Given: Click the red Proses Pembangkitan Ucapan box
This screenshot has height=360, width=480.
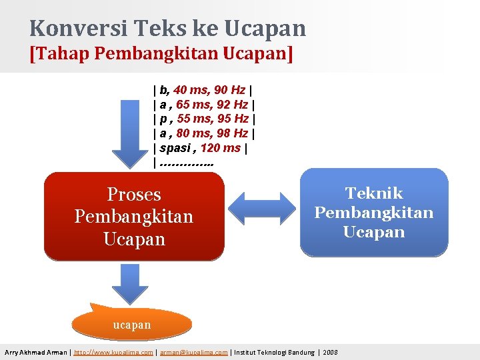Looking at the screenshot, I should point(134,216).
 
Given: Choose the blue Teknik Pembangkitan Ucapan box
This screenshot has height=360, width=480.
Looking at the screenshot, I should point(374,212).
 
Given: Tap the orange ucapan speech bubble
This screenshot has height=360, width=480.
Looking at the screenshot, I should point(131,324).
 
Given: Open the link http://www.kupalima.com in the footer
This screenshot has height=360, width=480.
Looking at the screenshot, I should point(113,352).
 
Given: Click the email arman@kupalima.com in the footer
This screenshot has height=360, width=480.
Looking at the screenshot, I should point(193,352).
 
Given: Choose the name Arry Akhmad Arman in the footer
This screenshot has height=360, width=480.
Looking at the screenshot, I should point(36,352).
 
